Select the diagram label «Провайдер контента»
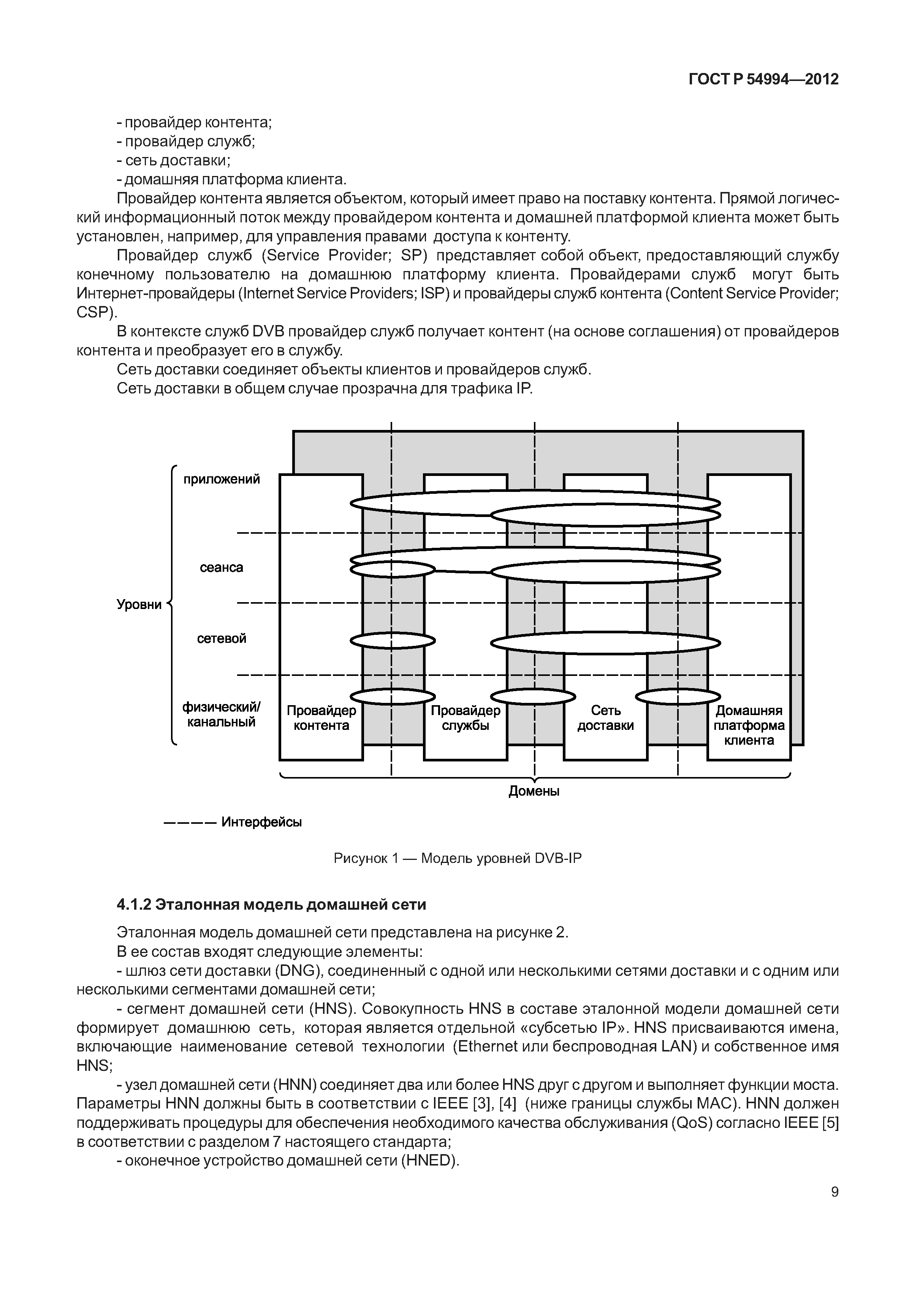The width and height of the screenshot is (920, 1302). (x=321, y=718)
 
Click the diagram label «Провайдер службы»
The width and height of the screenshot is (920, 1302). (x=466, y=718)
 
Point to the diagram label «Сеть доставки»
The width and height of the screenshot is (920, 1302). (x=605, y=718)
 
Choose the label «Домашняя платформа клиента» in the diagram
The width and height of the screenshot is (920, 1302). (x=749, y=725)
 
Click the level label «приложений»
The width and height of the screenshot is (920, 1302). (x=221, y=479)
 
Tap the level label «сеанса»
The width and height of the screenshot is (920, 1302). (x=221, y=568)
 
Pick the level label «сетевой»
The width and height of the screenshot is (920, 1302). (x=221, y=639)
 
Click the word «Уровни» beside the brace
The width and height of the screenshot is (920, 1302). (x=139, y=604)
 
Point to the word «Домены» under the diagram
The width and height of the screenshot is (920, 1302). (x=534, y=791)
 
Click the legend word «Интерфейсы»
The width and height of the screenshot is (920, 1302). (x=261, y=822)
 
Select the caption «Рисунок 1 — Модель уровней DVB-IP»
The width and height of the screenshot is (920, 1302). (x=458, y=858)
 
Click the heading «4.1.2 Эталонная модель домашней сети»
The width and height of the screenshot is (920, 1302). (x=271, y=904)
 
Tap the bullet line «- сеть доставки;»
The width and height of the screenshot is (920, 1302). (x=173, y=160)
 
